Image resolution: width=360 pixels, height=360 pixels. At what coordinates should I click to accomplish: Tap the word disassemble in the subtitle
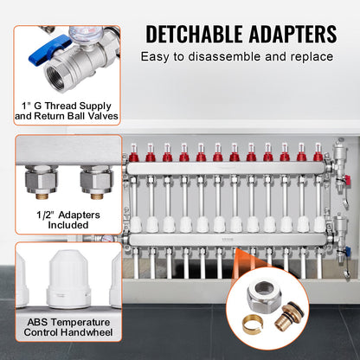(x=229, y=57)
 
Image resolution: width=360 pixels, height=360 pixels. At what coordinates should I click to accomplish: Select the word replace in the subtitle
(x=309, y=57)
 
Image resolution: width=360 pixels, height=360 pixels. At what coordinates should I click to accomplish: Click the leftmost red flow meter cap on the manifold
(x=133, y=157)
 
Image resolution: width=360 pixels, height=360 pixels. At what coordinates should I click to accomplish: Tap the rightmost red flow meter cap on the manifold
(x=317, y=157)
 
